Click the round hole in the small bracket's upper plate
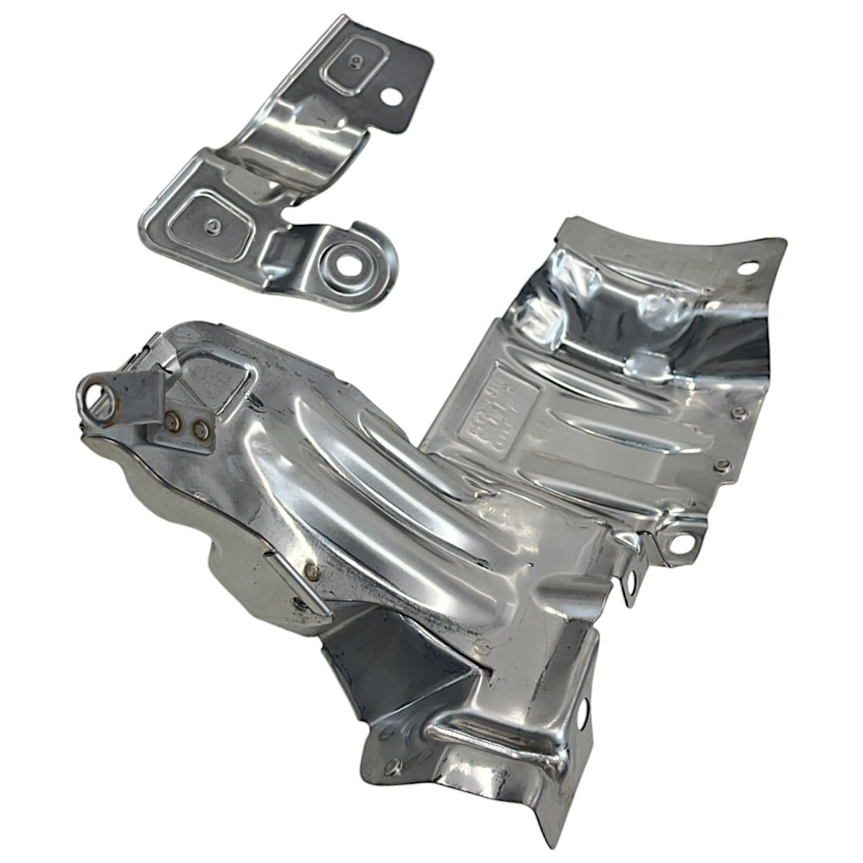tap(393, 94)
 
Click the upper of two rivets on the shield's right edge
tap(737, 412)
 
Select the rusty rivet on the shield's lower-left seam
tap(311, 570)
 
